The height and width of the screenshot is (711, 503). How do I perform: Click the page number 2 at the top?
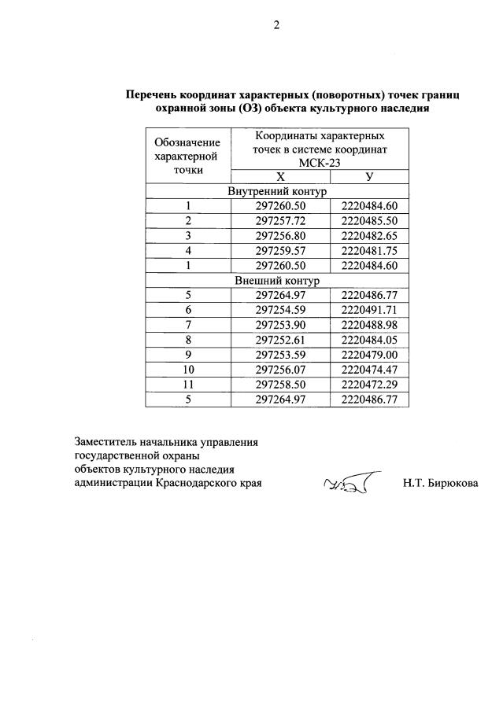(x=276, y=25)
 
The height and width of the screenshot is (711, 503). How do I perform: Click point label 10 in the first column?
(x=187, y=370)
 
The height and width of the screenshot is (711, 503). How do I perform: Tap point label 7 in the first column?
(x=187, y=325)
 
